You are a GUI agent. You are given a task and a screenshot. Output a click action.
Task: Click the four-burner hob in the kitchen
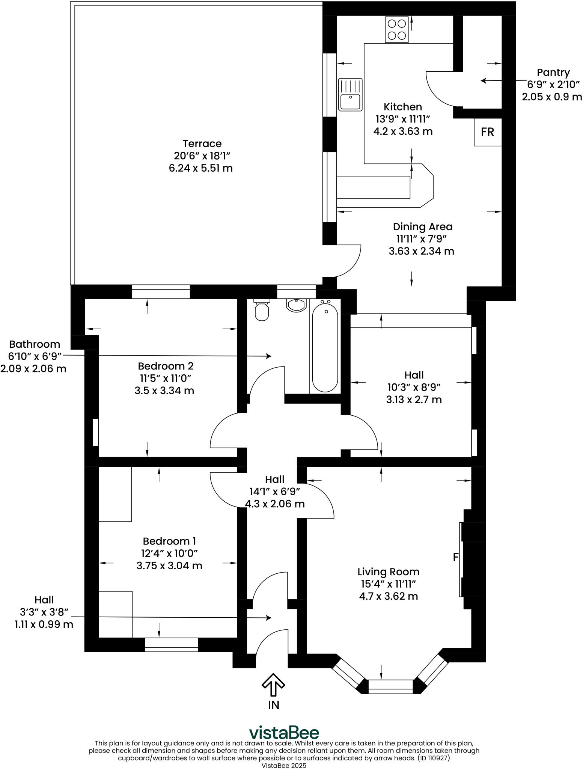(x=397, y=30)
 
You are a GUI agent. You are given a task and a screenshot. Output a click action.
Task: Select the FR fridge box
(x=488, y=132)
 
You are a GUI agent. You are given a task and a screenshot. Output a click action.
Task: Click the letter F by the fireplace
(x=456, y=557)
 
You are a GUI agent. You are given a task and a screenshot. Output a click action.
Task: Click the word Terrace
(x=202, y=143)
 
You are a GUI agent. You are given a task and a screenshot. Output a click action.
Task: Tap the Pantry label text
(x=553, y=72)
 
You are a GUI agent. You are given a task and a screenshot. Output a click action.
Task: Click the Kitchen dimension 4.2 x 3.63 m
(x=403, y=131)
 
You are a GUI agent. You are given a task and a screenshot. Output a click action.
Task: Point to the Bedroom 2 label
(x=166, y=366)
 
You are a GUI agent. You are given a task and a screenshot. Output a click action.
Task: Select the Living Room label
(x=388, y=571)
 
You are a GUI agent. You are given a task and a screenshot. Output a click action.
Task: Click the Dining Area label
(x=422, y=227)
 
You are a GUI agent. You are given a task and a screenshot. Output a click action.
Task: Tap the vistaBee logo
(x=284, y=733)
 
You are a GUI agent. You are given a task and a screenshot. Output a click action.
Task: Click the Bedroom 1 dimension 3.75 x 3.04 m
(x=169, y=565)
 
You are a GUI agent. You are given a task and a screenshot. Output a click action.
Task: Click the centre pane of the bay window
(x=390, y=686)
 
